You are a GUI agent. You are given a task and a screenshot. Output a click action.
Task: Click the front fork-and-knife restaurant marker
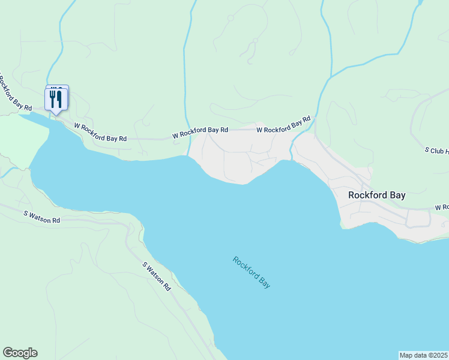[x=56, y=100]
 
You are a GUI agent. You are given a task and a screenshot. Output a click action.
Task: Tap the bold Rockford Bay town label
[x=377, y=196]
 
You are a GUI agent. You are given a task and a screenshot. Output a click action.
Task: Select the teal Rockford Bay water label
[x=252, y=272]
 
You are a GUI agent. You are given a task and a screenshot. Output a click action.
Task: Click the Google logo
[x=20, y=353]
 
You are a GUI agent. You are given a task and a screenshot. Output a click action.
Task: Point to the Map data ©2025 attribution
[x=424, y=355]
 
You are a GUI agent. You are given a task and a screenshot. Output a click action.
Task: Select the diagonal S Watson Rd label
[x=156, y=276]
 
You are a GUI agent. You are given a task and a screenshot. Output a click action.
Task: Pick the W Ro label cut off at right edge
[x=442, y=207]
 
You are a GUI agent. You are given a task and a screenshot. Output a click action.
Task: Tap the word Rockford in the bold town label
[x=367, y=196]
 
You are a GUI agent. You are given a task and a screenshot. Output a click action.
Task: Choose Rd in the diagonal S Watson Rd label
[x=166, y=287]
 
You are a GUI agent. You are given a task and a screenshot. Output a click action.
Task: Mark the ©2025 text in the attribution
[x=436, y=355]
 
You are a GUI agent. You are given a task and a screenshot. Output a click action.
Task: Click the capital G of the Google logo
[x=7, y=353]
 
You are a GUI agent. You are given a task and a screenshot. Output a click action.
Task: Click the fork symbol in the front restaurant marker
[x=52, y=98]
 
